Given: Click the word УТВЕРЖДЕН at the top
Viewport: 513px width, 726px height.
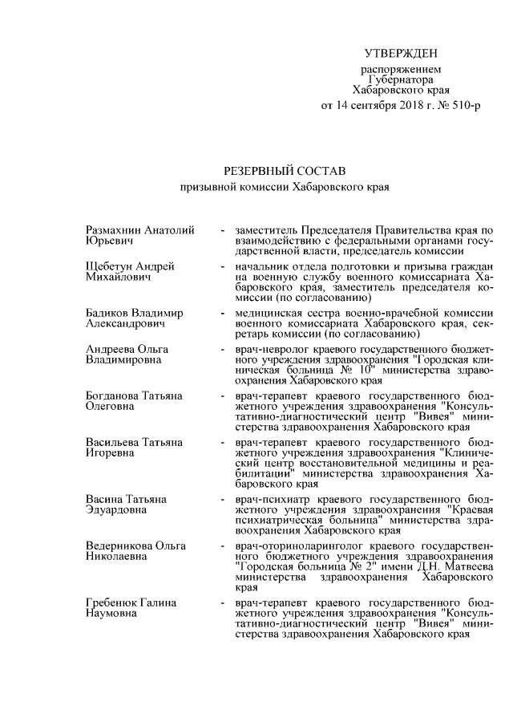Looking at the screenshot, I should point(401,55).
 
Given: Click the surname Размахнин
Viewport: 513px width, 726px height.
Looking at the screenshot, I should point(115,231).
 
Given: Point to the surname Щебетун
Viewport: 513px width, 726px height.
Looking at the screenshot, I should point(109,266).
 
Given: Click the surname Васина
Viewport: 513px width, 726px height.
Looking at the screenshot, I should point(104,500).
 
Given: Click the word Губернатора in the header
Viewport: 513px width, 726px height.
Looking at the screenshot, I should point(401,80).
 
